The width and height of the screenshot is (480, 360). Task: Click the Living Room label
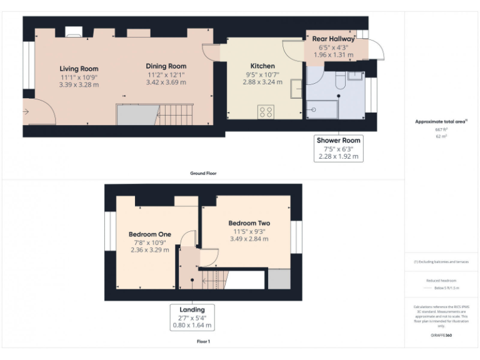point(79,69)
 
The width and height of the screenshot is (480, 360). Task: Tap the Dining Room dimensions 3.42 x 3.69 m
point(166,82)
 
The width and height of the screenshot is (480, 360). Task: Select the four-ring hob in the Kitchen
point(266,112)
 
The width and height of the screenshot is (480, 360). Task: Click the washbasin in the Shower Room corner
point(356,76)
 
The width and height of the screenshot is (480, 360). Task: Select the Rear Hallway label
point(333,39)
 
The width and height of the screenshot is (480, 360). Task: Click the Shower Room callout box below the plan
point(338,149)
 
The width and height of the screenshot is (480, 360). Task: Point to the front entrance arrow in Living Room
point(26,112)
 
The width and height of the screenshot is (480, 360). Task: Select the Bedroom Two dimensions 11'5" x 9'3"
point(249,231)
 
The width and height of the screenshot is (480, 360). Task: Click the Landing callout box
point(192,317)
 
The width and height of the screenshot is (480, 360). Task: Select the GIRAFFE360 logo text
point(441,336)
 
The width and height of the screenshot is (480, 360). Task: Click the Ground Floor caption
point(204,173)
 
